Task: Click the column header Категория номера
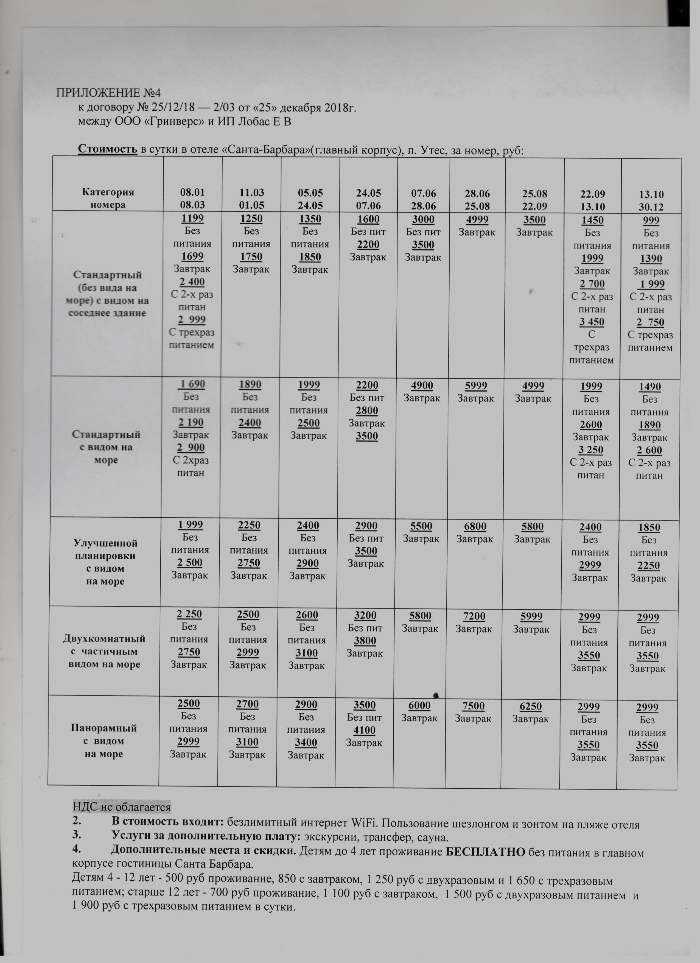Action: point(108,198)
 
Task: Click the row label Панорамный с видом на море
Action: point(104,741)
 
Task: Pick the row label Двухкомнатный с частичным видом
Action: point(104,651)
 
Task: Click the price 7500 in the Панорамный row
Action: point(473,706)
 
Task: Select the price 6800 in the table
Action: point(475,526)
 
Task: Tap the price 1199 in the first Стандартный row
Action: point(192,219)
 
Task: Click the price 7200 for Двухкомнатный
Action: point(474,616)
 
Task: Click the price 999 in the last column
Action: point(651,220)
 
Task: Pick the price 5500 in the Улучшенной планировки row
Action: point(421,526)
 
